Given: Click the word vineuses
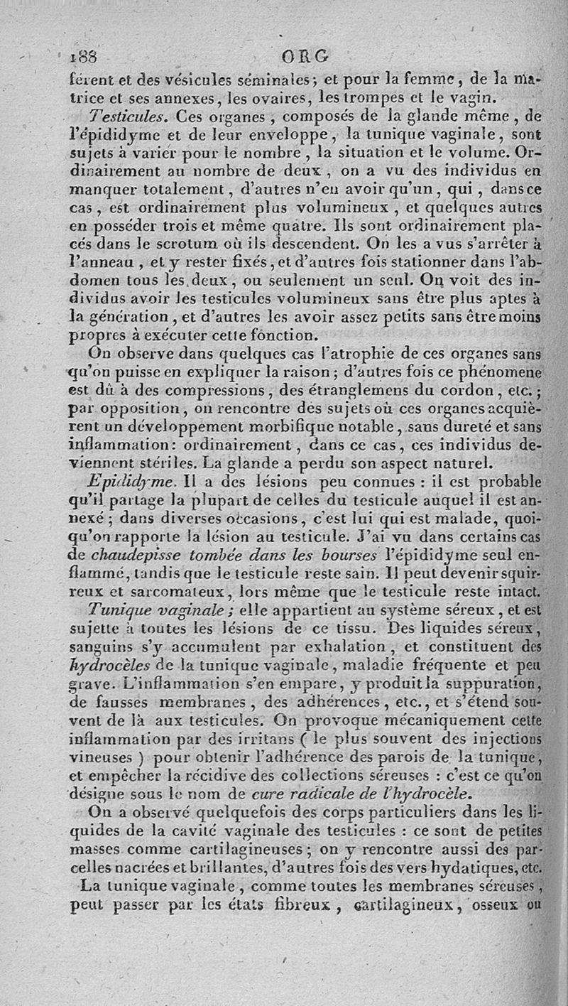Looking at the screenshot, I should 101,757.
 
